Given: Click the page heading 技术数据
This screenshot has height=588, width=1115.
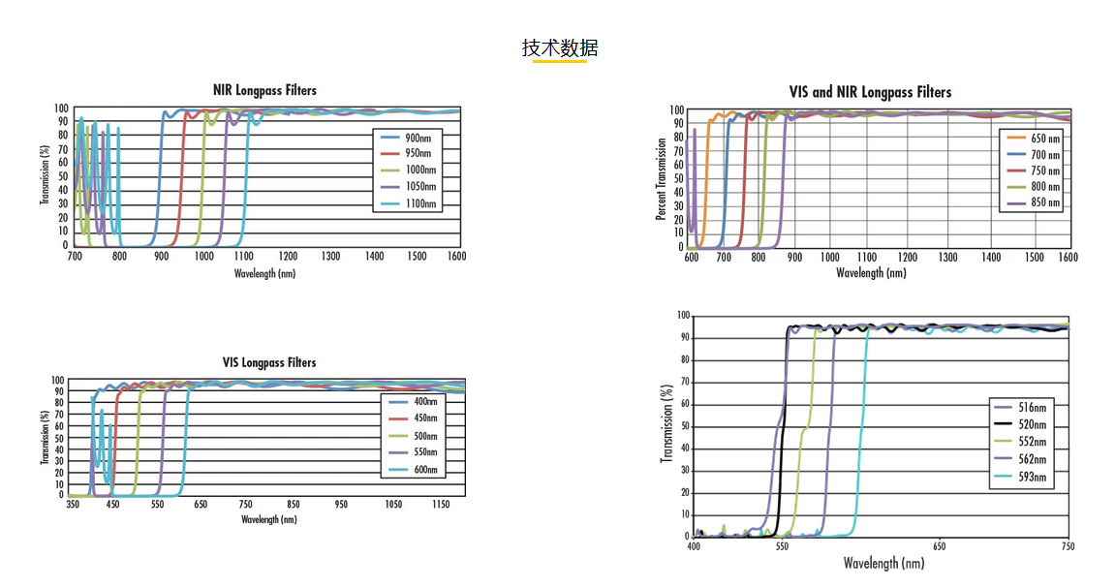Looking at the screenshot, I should [x=560, y=47].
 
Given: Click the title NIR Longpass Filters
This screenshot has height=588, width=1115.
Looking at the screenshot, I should [x=264, y=90].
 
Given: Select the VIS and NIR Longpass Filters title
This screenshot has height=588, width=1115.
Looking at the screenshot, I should [x=870, y=92].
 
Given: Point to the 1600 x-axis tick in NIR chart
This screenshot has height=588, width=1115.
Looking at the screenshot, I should [x=455, y=257].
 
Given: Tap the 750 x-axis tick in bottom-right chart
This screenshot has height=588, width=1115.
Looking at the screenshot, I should [x=1068, y=547].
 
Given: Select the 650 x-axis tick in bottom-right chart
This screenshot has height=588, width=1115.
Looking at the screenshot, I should [x=939, y=547].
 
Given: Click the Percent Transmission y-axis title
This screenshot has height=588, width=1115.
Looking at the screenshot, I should [x=662, y=178].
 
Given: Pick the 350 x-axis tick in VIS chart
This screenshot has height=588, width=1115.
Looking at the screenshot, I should [x=73, y=505].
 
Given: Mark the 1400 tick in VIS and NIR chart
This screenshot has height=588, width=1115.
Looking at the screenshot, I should [x=990, y=258].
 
